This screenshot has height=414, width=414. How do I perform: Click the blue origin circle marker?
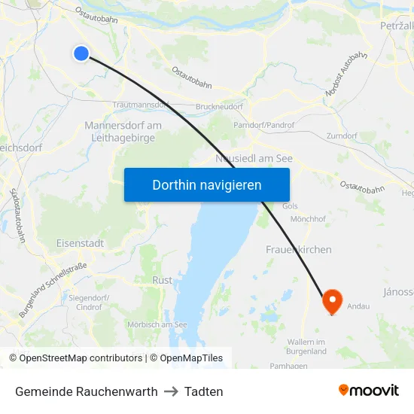coord(81,53)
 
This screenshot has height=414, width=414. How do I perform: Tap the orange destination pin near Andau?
coord(332,302)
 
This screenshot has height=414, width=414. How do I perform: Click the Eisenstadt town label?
coord(80,244)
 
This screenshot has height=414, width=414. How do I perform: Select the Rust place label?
coord(162,281)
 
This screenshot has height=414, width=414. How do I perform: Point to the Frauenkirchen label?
coord(299,249)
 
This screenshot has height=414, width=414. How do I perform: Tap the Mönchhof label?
coord(307,219)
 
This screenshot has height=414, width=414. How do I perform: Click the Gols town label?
coord(291,206)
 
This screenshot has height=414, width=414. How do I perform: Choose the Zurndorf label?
coord(342,136)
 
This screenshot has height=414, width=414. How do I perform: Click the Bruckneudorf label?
coord(218,108)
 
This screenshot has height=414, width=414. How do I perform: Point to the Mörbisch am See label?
coord(157,324)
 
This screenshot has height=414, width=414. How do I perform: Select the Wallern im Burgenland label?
coord(306,346)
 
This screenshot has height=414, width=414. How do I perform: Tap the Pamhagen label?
coord(308,366)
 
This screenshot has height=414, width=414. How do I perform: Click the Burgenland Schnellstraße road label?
coord(53,288)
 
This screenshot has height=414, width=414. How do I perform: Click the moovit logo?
coord(368,391)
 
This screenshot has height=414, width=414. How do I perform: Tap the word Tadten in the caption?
coord(203,391)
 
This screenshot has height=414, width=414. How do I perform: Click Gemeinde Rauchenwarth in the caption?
coord(86,391)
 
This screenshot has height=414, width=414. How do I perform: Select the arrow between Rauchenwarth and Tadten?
coord(171,391)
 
